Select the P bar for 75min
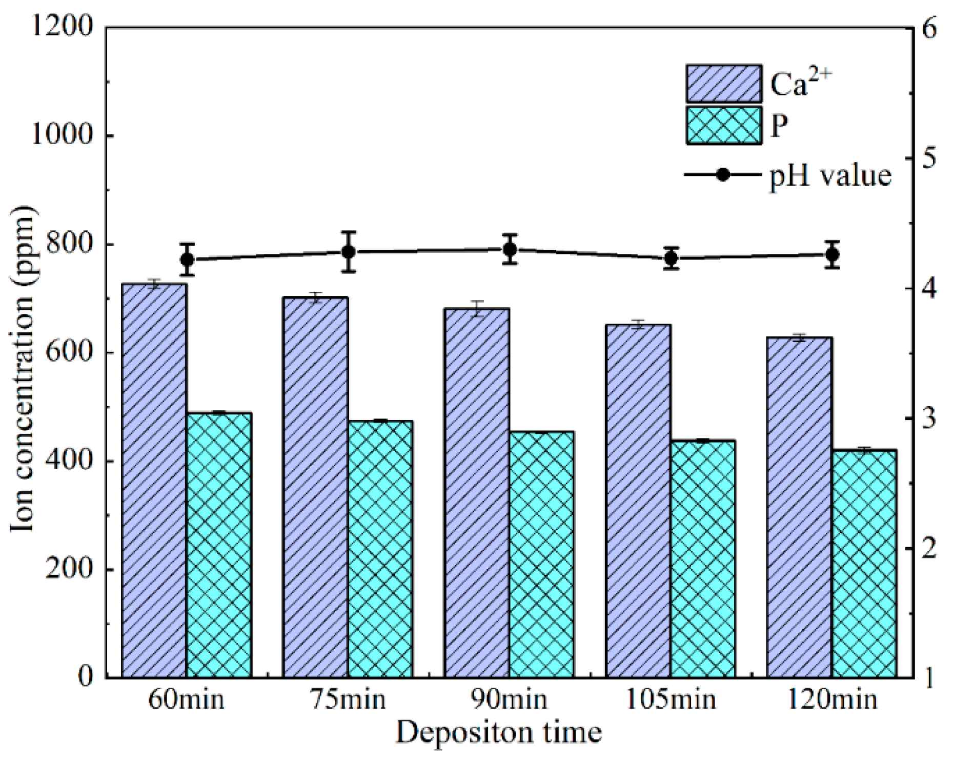pyautogui.click(x=380, y=549)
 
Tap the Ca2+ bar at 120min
pyautogui.click(x=799, y=507)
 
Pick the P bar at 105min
pyautogui.click(x=703, y=558)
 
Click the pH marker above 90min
pyautogui.click(x=510, y=250)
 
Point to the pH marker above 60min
pyautogui.click(x=188, y=259)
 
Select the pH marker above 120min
pyautogui.click(x=833, y=254)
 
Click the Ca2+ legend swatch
pyautogui.click(x=724, y=84)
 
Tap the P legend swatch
pyautogui.click(x=724, y=125)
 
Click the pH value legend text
pyautogui.click(x=830, y=176)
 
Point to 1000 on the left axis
pyautogui.click(x=62, y=135)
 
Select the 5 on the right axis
pyautogui.click(x=928, y=158)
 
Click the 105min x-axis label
pyautogui.click(x=671, y=698)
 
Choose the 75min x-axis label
pyautogui.click(x=348, y=698)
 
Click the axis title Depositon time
pyautogui.click(x=499, y=732)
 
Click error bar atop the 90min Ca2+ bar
pyautogui.click(x=477, y=308)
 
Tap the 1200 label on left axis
pyautogui.click(x=62, y=26)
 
